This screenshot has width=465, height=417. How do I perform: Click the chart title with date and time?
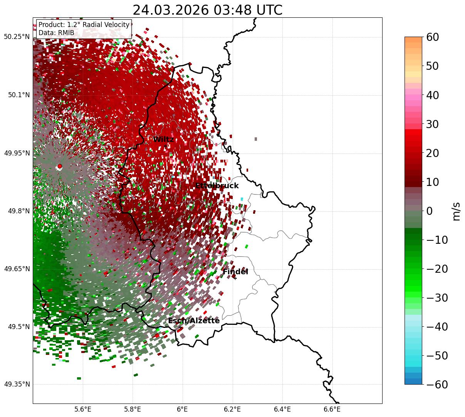tap(207, 10)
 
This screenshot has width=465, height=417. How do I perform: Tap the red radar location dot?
tap(60, 166)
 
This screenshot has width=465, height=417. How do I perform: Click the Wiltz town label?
tap(163, 139)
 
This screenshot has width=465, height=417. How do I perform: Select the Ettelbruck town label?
tap(217, 186)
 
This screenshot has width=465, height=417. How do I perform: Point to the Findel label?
tap(235, 272)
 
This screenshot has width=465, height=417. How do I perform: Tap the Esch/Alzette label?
tap(194, 321)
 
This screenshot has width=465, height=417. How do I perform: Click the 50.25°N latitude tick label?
tap(17, 37)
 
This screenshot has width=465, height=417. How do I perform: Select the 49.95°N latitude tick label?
tap(17, 153)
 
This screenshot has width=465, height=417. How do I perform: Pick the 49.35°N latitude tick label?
tap(17, 384)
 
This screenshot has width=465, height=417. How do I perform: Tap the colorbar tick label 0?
tap(429, 211)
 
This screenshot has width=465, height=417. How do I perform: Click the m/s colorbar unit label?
tap(457, 211)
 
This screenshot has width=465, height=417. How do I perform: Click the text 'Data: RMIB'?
tap(56, 33)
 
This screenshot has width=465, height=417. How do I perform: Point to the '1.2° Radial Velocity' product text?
tap(98, 25)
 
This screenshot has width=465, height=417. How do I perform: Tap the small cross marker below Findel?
tap(235, 278)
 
